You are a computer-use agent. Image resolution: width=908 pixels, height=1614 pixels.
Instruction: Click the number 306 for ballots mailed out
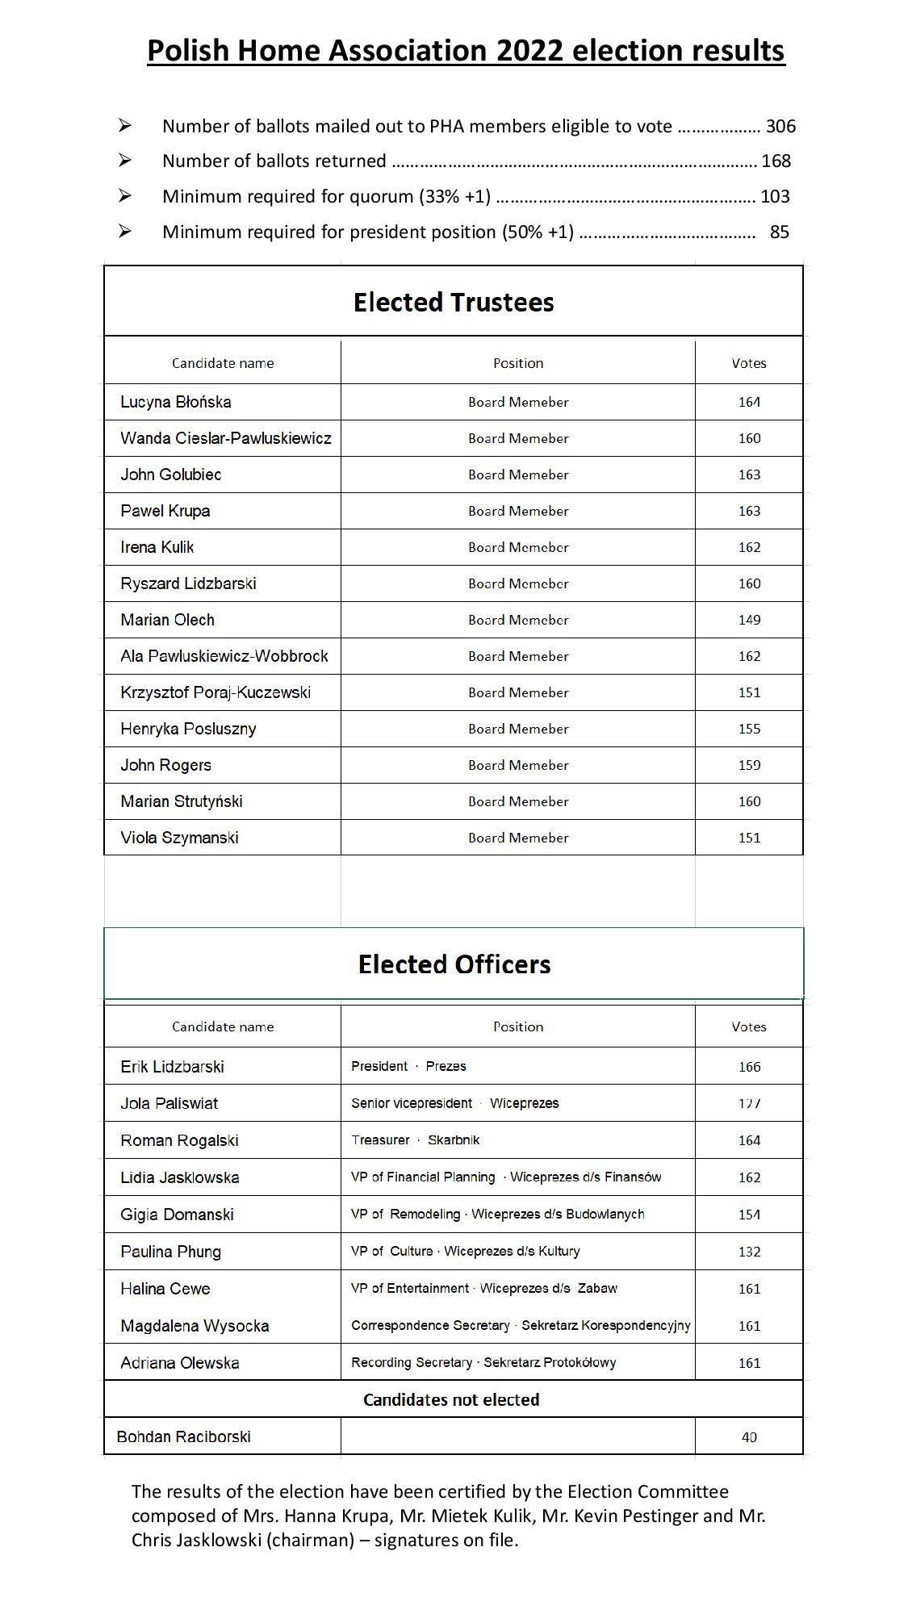780,126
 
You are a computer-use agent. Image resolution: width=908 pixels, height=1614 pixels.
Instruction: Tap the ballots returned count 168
776,161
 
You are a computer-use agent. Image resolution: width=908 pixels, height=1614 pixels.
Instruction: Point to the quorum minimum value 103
776,196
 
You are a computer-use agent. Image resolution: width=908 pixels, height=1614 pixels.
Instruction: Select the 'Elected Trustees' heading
454,302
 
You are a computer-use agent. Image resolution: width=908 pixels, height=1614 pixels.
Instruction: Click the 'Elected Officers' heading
454,964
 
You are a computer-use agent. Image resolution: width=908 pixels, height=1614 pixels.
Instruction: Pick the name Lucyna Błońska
176,402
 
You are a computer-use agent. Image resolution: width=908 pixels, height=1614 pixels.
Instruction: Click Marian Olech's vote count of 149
749,620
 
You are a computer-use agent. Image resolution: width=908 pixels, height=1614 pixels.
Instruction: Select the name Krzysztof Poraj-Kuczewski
215,692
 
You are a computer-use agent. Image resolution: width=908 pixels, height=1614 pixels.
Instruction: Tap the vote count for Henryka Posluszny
749,729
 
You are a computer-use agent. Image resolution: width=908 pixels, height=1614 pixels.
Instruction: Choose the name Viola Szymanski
179,838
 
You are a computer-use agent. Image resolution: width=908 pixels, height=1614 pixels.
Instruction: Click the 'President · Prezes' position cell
408,1066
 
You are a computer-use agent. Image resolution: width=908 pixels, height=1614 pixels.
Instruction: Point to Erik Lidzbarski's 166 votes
749,1067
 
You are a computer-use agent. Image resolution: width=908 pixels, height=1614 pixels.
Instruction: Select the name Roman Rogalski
179,1140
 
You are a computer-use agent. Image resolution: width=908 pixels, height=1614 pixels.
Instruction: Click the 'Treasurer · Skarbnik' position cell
415,1139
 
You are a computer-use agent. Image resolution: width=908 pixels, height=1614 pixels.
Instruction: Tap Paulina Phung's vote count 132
749,1252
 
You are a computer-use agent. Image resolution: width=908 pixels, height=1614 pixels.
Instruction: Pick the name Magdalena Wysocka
195,1326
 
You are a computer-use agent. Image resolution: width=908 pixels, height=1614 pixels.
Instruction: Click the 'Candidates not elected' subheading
451,1399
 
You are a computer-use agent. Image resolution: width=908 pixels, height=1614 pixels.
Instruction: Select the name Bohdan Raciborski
183,1436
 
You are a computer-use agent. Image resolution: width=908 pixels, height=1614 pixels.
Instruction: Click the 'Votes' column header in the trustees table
749,363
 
